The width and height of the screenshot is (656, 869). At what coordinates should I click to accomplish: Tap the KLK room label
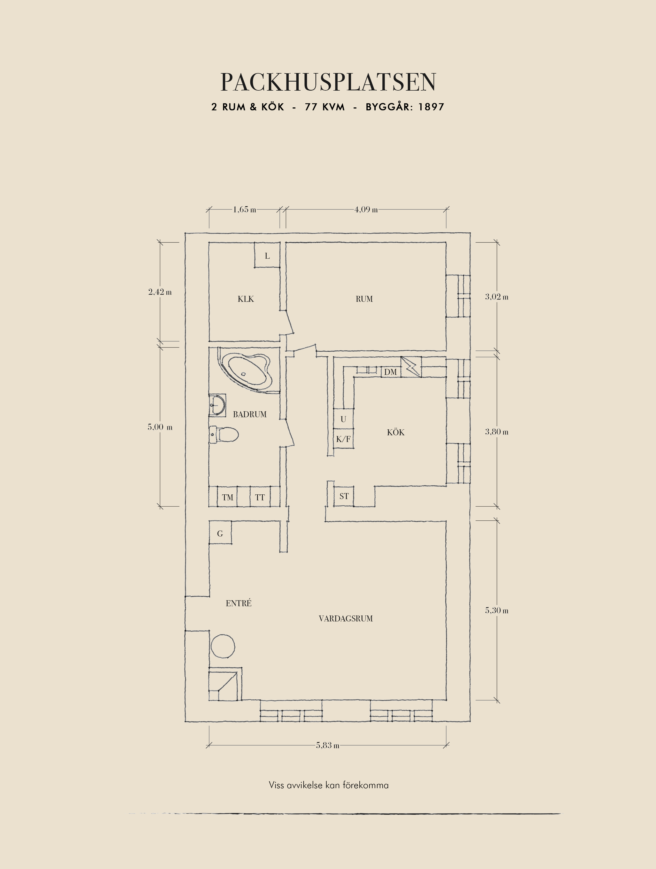click(246, 299)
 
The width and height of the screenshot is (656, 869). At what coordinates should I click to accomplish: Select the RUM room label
click(364, 299)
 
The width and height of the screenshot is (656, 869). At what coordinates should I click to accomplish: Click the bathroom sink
click(217, 405)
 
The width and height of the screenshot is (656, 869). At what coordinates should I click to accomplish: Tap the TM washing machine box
click(228, 497)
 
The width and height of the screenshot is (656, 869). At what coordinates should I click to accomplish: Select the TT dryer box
click(260, 497)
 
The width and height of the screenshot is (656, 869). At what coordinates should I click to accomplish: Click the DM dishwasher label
click(390, 372)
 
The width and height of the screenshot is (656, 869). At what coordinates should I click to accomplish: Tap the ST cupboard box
click(344, 496)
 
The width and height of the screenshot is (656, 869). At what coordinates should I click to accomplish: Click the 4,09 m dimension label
click(366, 209)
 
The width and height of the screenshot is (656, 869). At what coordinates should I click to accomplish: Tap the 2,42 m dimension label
click(160, 292)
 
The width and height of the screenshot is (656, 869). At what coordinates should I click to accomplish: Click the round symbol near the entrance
click(223, 646)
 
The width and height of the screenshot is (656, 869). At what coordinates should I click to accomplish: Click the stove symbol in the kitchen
click(411, 367)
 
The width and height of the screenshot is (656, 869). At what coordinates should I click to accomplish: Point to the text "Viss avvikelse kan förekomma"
click(329, 785)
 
